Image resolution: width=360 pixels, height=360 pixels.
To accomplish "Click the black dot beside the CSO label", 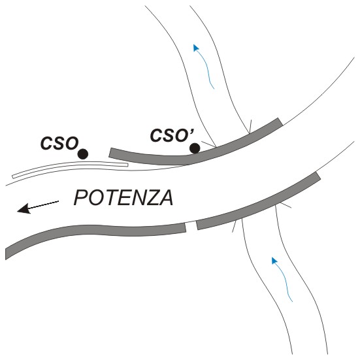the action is tap(83, 154).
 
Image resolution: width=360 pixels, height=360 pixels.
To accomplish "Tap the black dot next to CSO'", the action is tap(195, 148).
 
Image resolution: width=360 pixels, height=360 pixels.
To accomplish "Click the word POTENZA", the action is tap(123, 198).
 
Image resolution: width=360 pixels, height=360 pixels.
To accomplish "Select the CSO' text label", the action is tap(172, 135).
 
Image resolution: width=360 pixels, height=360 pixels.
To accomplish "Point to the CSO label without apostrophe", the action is tap(59, 143).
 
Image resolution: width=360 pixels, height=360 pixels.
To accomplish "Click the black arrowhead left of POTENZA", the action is tap(24, 208).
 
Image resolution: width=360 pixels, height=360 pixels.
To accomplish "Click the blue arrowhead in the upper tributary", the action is tap(196, 48).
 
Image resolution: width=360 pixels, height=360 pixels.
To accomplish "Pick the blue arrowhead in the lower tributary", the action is tap(274, 260).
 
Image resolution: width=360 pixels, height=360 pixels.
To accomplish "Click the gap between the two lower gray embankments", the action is tap(191, 226).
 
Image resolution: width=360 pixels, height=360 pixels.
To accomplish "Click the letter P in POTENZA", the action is tap(80, 198).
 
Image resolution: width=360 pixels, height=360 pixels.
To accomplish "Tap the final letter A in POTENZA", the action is tap(166, 198).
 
